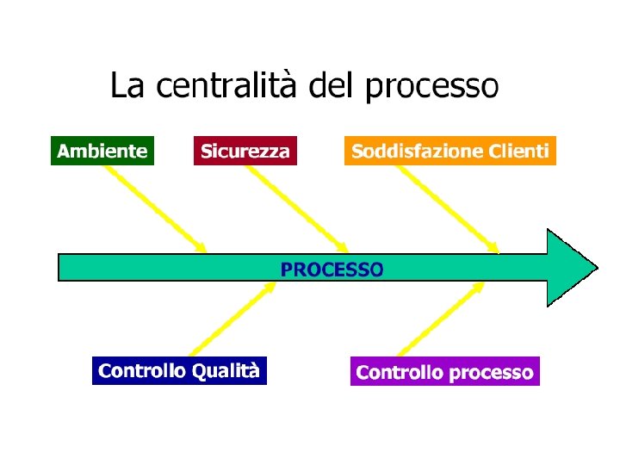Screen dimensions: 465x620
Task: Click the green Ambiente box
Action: pos(102,152)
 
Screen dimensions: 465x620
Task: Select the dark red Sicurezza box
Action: pos(245,152)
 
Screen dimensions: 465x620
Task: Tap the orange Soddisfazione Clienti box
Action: pos(449,152)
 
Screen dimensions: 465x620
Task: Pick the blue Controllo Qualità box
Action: pos(179,371)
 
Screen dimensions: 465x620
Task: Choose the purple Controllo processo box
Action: pos(444,372)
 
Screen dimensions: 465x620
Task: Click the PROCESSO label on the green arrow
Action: pos(332,269)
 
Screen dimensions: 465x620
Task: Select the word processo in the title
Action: pos(431,87)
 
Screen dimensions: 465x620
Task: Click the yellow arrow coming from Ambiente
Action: pos(155,208)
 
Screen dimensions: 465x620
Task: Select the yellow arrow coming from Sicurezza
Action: pos(297,208)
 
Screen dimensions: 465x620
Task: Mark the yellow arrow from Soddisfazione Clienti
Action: pos(447,208)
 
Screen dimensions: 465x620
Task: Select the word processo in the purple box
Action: pos(491,373)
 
